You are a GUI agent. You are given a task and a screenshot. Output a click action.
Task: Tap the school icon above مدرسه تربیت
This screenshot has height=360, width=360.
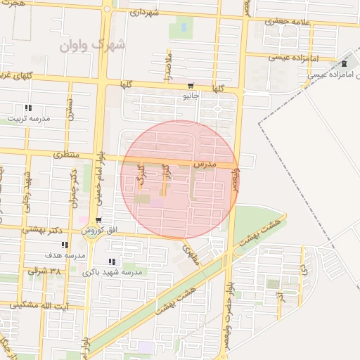[x=28, y=108]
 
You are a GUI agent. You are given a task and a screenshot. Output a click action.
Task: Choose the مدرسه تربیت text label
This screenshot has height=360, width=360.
[x=28, y=119]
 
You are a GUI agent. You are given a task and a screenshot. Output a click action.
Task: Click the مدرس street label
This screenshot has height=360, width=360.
[x=224, y=164]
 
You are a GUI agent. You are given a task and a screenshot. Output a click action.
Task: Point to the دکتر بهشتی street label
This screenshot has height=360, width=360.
[x=42, y=229]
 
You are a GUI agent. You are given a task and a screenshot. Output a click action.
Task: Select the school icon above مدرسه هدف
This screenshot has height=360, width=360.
[x=65, y=245]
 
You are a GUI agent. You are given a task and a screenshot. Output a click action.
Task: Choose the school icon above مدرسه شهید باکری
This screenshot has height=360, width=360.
[x=112, y=261]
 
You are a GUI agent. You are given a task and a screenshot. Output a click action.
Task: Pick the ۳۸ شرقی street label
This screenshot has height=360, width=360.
[x=45, y=270]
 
